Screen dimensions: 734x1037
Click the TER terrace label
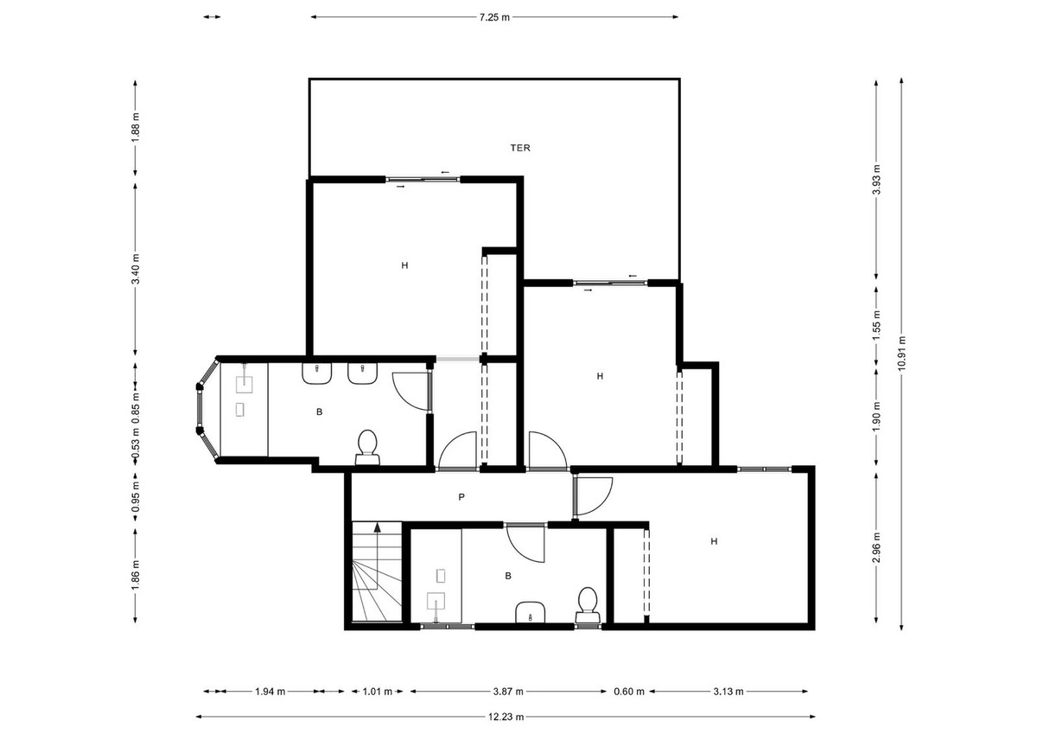pos(519,148)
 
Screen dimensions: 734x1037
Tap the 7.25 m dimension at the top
pos(494,16)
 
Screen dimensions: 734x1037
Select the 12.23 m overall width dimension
pos(506,717)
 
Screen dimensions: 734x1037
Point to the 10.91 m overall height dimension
pos(901,353)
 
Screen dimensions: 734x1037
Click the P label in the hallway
pos(462,497)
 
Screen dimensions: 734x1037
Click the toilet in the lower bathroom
pos(588,603)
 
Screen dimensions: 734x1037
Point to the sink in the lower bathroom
pos(529,612)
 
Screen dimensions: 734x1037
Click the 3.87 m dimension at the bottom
pos(507,692)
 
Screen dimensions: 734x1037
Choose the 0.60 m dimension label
pos(628,692)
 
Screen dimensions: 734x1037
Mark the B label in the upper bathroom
pos(319,412)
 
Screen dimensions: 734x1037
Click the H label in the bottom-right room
pos(714,542)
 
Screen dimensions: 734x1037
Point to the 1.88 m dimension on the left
pos(136,131)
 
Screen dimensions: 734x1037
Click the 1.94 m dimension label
pos(270,692)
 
